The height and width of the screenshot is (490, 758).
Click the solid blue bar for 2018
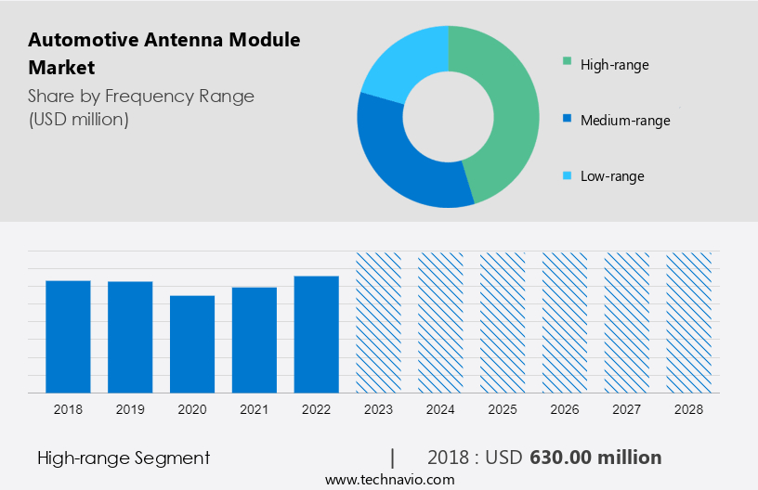click(68, 336)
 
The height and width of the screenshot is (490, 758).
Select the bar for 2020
click(192, 343)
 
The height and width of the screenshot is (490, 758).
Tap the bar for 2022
click(317, 334)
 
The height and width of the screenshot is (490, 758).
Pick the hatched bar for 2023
click(379, 322)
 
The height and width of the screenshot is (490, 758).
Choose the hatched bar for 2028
click(689, 322)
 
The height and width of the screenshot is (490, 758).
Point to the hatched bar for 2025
click(503, 322)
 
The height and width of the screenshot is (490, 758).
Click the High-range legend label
click(614, 65)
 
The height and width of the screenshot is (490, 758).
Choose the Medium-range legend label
click(624, 121)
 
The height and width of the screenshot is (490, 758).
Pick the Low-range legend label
click(611, 176)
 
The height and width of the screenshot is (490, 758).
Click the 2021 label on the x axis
click(255, 409)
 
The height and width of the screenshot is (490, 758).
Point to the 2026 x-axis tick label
click(565, 409)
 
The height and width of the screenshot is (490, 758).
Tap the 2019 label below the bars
click(130, 409)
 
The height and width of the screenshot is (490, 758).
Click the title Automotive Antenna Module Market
click(163, 54)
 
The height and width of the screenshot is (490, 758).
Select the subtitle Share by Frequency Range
click(141, 97)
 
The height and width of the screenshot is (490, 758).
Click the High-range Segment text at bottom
click(124, 458)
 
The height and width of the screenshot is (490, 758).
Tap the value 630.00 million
click(595, 458)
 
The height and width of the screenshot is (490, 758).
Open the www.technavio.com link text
click(389, 480)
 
